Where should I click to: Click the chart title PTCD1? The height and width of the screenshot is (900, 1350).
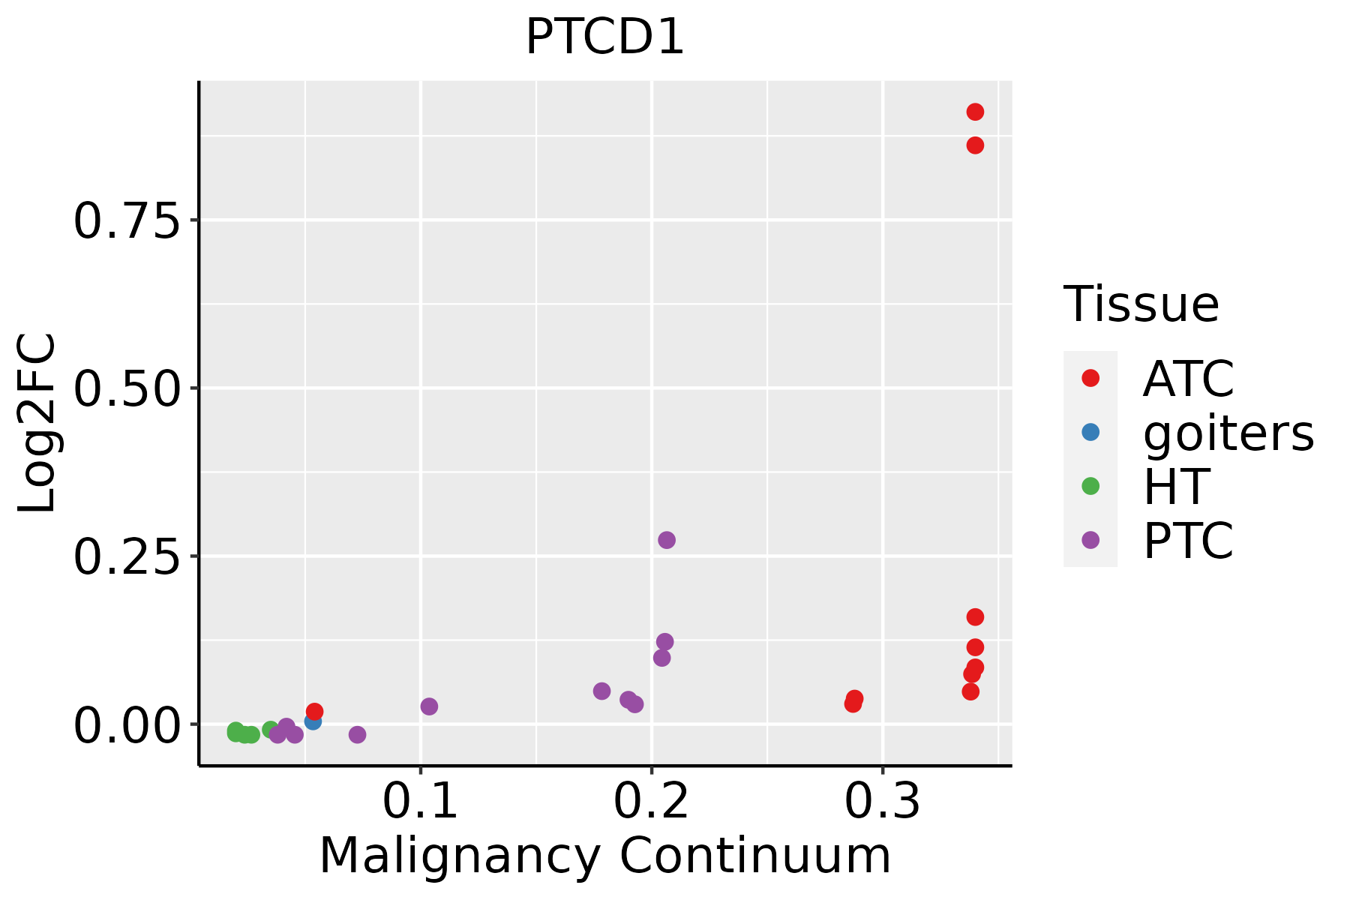coord(604,37)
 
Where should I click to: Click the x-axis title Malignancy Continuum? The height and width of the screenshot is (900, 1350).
coord(604,856)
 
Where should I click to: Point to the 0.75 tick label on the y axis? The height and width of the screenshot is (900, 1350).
coord(127,220)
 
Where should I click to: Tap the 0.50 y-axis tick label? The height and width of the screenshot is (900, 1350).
coord(127,388)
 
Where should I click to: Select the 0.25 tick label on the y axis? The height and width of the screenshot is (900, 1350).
coord(127,556)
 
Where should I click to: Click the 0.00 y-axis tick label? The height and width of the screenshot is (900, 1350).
coord(127,725)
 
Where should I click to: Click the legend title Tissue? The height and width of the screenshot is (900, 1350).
coord(1141,304)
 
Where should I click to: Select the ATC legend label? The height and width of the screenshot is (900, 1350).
coord(1188,379)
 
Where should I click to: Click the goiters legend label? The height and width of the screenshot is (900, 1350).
coord(1228,433)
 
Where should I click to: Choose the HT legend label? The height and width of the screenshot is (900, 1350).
coord(1176,487)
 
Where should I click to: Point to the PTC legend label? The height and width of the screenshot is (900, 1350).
coord(1188,541)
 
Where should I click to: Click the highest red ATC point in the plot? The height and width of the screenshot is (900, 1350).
coord(975,112)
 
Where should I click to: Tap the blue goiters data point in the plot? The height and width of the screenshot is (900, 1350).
coord(313,721)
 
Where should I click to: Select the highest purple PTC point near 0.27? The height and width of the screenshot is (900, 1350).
coord(667,540)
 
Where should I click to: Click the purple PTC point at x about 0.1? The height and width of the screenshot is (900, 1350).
coord(429,706)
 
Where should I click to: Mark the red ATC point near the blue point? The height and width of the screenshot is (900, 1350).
coord(315,711)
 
